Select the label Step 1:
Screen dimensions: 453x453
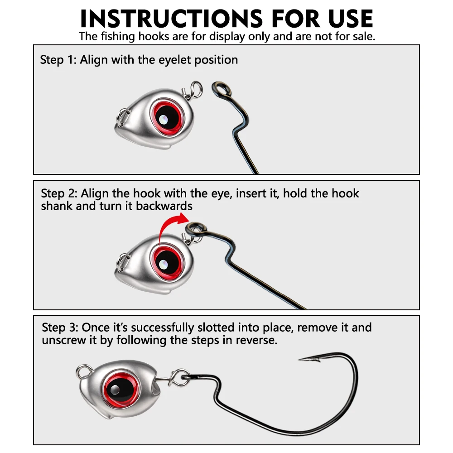[58, 60]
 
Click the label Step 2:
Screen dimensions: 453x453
[59, 193]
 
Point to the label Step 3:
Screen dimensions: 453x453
[60, 328]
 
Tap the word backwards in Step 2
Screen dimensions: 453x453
[164, 206]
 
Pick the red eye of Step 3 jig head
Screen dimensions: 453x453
[121, 390]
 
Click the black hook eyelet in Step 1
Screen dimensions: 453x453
[222, 89]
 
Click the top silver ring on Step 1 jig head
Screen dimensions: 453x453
[196, 89]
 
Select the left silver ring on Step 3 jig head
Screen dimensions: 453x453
[84, 371]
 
